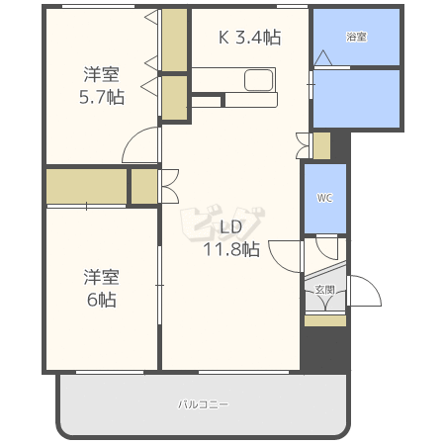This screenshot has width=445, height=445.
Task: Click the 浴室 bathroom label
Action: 356,37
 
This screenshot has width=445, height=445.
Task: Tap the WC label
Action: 324,198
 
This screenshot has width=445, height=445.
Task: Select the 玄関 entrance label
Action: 324,290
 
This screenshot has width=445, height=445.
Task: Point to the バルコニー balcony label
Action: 203,404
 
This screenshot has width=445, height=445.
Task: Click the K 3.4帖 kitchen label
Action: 249,38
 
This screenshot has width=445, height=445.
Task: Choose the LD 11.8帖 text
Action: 231,238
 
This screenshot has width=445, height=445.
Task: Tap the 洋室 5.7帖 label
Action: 102,85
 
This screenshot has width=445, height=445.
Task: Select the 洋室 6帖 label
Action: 100,289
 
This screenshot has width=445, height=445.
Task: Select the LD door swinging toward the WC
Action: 287,255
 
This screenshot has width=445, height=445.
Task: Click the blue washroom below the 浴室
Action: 356,98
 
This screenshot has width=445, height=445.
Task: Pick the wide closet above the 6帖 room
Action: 86,186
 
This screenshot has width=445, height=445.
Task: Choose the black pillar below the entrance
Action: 324,351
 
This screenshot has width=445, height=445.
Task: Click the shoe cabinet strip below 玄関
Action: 324,320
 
